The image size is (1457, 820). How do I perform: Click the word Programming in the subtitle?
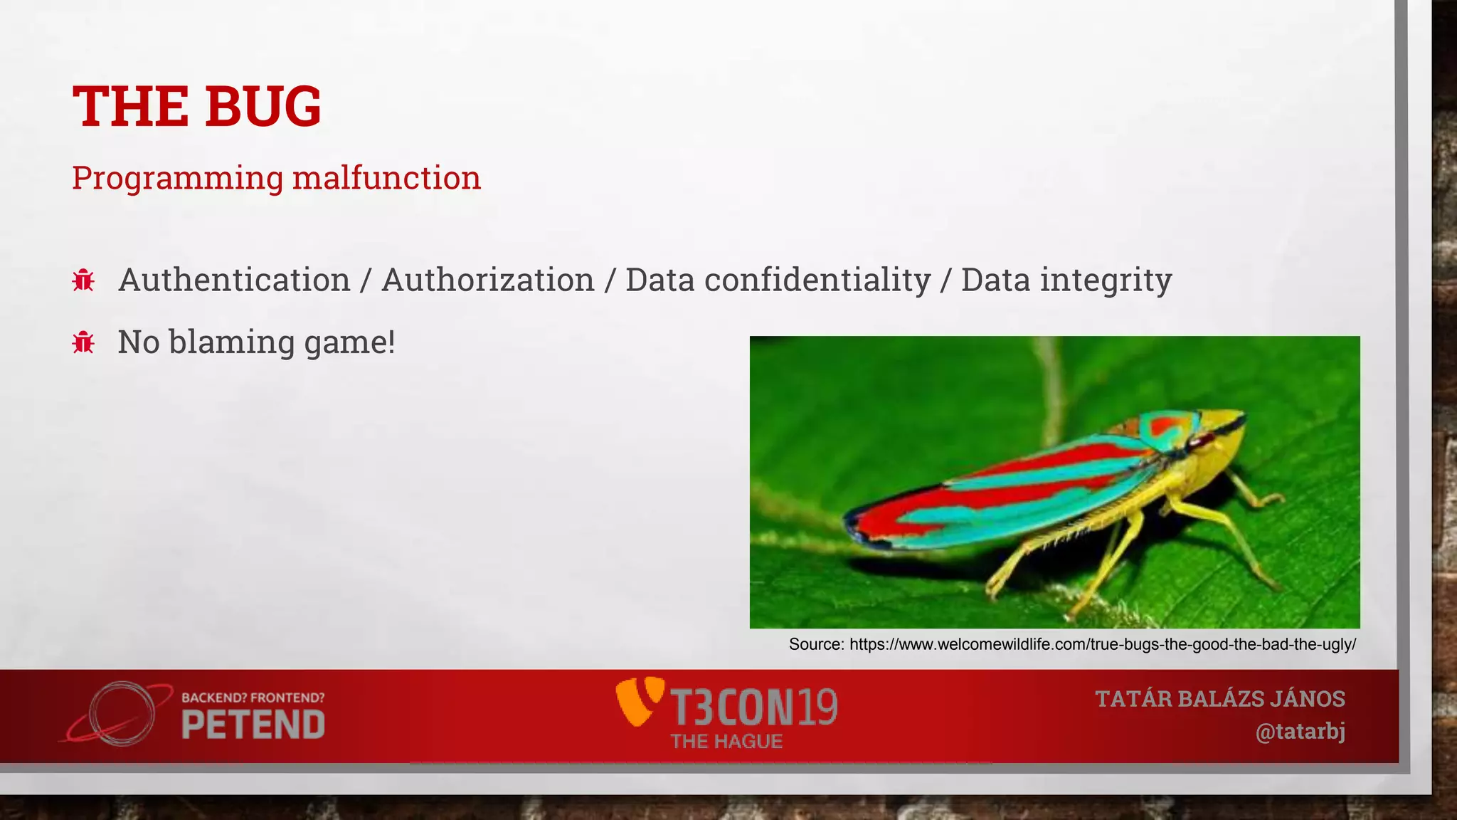(x=177, y=178)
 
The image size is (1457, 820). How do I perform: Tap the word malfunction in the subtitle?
(x=386, y=178)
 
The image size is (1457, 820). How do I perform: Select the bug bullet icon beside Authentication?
(x=83, y=280)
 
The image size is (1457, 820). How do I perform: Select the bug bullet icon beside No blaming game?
(x=83, y=342)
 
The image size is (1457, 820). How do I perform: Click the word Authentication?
(x=234, y=280)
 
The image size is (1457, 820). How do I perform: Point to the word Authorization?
(x=487, y=280)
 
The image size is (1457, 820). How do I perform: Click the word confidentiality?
(x=817, y=280)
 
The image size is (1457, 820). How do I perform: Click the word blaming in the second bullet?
(x=231, y=342)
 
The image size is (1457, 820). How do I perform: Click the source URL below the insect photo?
(x=1102, y=644)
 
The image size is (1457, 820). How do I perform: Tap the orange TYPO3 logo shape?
(x=638, y=701)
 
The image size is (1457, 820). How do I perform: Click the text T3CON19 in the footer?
(x=754, y=707)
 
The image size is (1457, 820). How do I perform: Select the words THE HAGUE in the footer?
(x=726, y=742)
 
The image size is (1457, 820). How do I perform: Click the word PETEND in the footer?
(x=253, y=725)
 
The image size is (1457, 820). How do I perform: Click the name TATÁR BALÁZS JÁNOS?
(x=1219, y=699)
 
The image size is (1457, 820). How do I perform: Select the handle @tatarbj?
(x=1300, y=732)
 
